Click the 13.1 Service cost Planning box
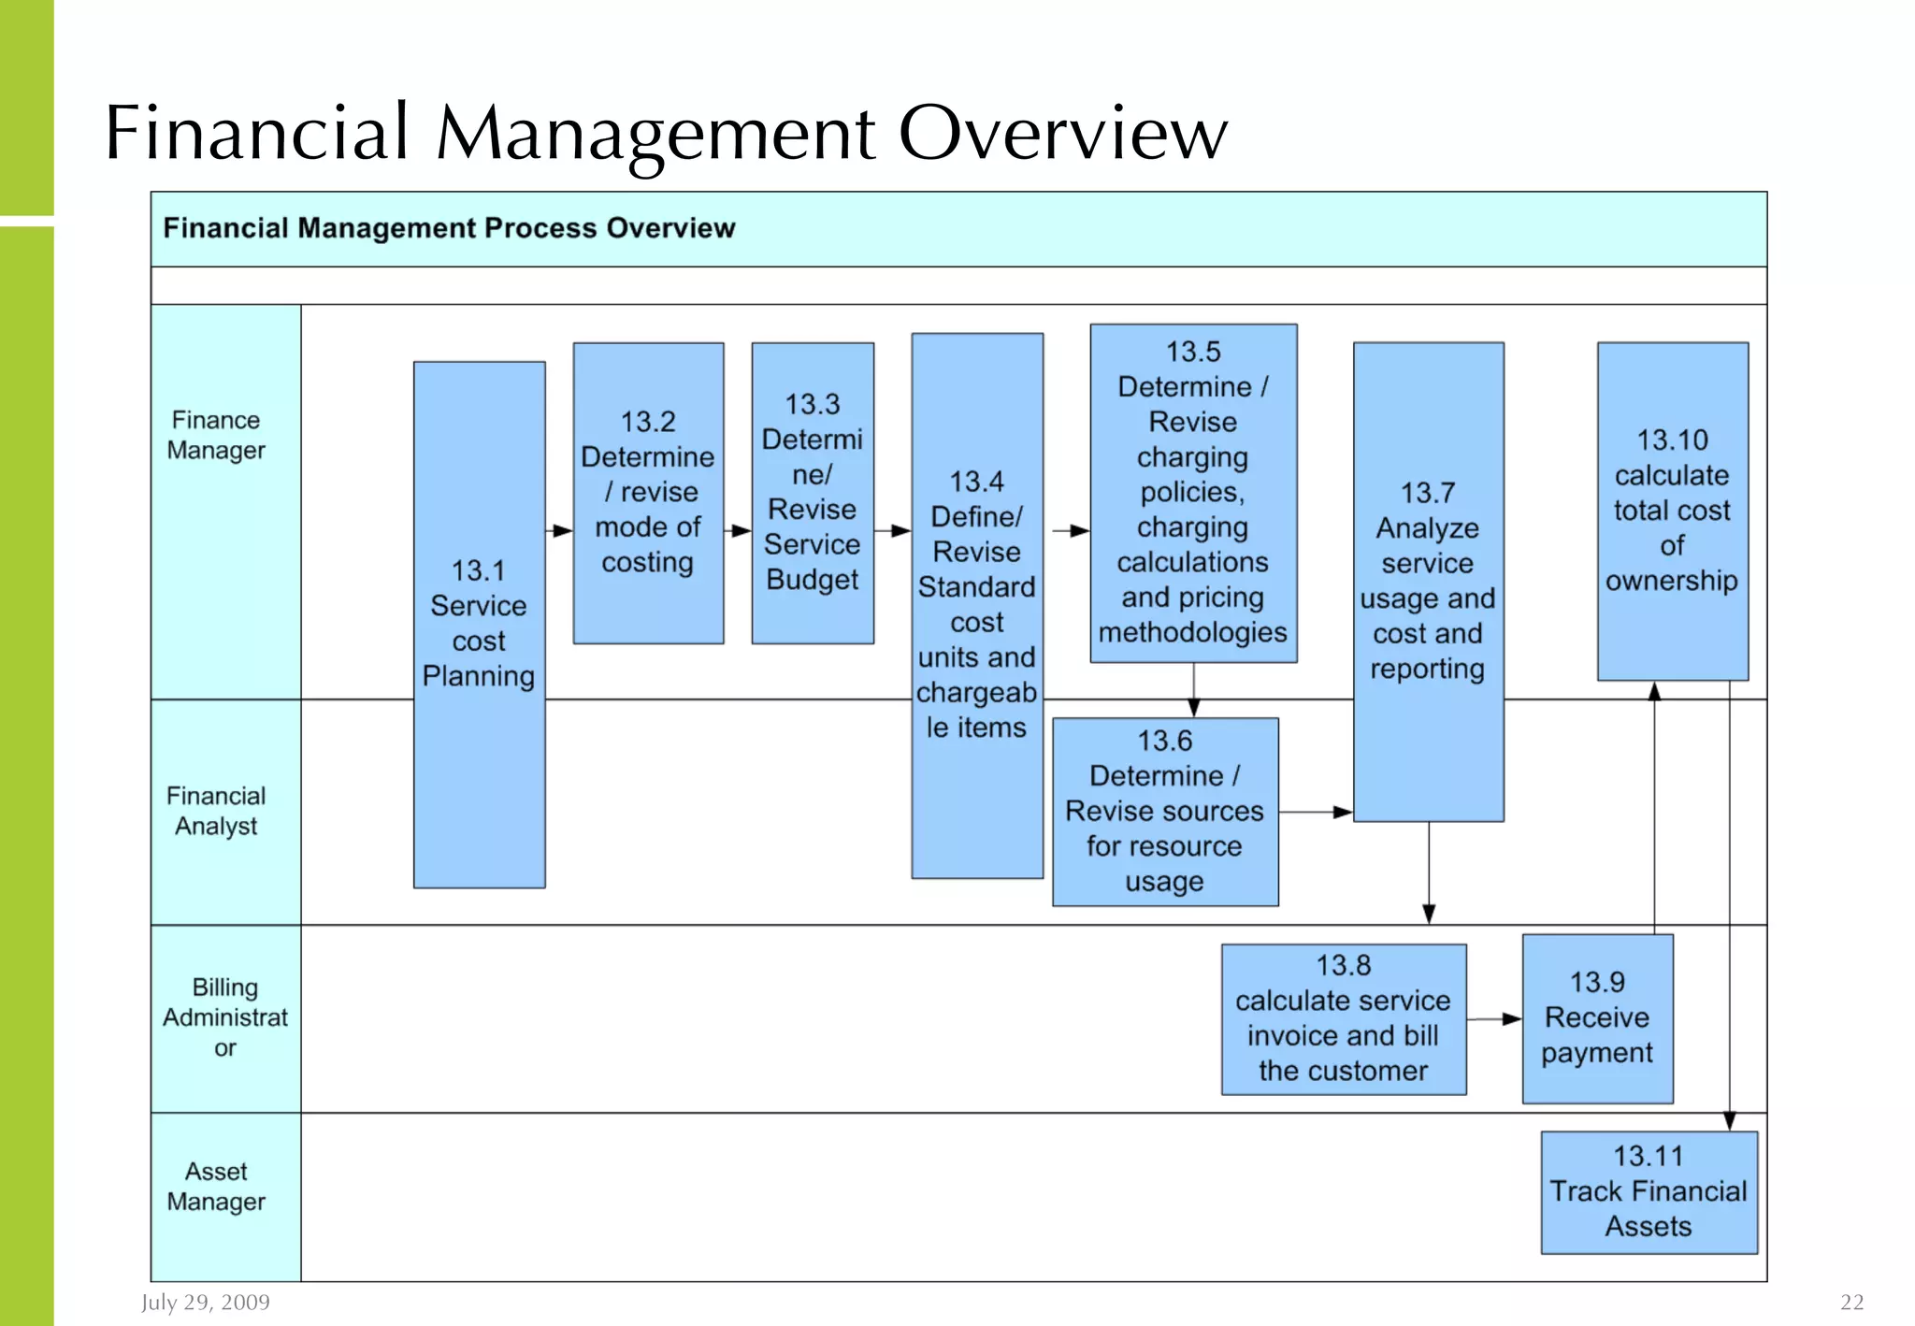tap(479, 624)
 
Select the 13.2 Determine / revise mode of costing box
tap(648, 493)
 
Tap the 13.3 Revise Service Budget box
tap(813, 493)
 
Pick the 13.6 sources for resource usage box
tap(1165, 811)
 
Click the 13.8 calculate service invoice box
tap(1344, 1018)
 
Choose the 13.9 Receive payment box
tap(1597, 1018)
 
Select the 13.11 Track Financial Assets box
tap(1649, 1191)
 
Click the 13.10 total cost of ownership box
tap(1672, 511)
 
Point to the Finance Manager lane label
tap(216, 436)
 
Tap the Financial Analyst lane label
tap(216, 811)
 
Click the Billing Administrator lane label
tap(225, 1017)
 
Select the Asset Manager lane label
tap(216, 1187)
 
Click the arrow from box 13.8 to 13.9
tap(1494, 1018)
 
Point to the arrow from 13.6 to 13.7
tap(1316, 812)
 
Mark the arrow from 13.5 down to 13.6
tap(1194, 690)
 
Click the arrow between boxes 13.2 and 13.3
tap(738, 530)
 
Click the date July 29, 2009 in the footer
tap(206, 1302)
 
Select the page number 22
tap(1851, 1302)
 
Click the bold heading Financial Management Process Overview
tap(449, 228)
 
